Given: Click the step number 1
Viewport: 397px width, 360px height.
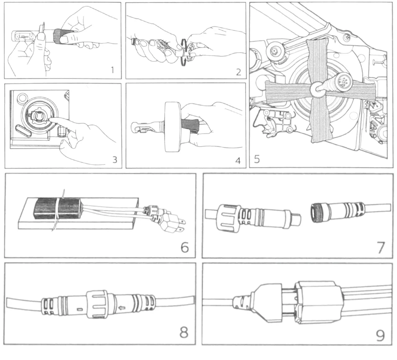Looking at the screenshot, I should [x=112, y=69].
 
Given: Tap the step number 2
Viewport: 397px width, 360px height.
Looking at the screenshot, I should [x=238, y=71].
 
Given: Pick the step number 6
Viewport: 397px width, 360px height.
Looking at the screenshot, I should [x=184, y=247].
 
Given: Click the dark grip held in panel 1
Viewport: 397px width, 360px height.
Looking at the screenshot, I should [x=61, y=34].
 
